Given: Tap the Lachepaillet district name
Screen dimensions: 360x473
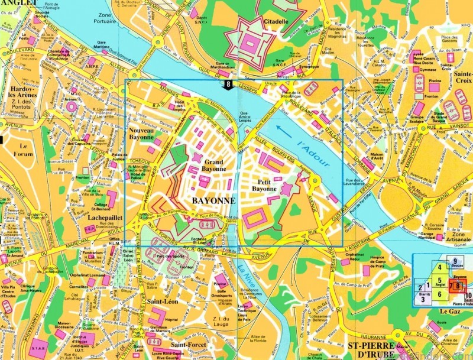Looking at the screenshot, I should [x=104, y=218].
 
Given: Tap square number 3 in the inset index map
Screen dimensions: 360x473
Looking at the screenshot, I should [x=423, y=299].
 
